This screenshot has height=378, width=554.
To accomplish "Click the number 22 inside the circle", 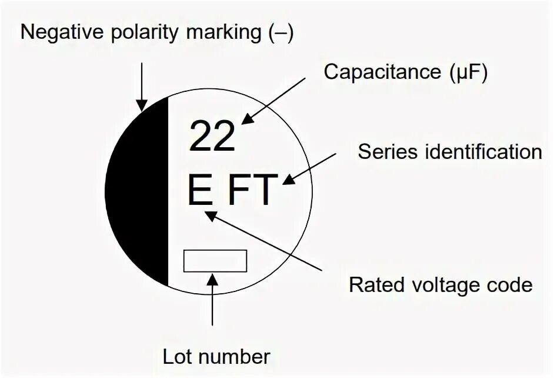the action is tap(212, 136).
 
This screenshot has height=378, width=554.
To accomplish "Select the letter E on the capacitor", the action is tap(199, 189).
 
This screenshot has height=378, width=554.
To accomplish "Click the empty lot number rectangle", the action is tap(215, 261).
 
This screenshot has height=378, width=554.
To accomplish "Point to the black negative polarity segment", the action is tap(141, 194).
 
